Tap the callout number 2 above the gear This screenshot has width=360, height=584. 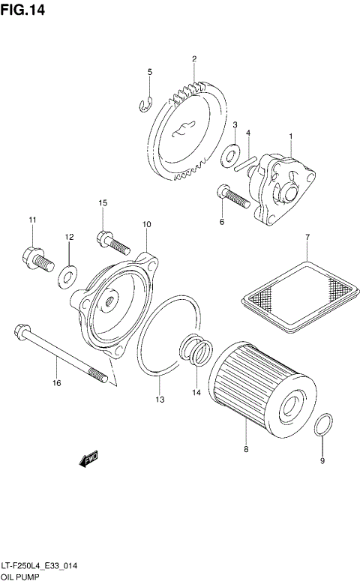pyautogui.click(x=193, y=58)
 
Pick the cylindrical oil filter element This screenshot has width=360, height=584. pyautogui.click(x=256, y=389)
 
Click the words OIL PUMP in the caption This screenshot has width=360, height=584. pyautogui.click(x=20, y=578)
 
